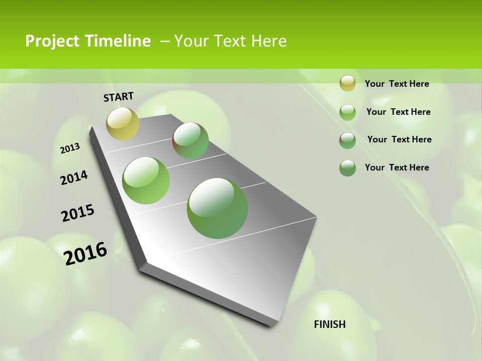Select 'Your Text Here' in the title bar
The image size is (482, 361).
click(x=230, y=41)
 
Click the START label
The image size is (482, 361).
click(x=118, y=97)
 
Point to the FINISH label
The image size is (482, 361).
click(x=330, y=324)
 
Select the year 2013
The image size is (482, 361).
click(x=70, y=148)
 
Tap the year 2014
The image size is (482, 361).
click(x=74, y=178)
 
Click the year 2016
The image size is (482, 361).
click(x=86, y=253)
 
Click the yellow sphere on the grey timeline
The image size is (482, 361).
click(x=123, y=123)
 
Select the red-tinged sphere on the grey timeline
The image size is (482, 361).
click(x=191, y=140)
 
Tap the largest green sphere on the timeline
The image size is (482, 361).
click(x=217, y=208)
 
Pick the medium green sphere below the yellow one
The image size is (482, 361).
click(x=146, y=180)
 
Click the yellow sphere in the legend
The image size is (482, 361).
click(x=347, y=83)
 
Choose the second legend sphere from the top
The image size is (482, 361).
click(x=347, y=112)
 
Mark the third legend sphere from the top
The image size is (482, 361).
click(x=347, y=140)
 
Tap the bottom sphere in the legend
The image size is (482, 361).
click(x=347, y=168)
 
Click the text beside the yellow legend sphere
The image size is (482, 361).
click(x=397, y=84)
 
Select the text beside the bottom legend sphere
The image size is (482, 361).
click(x=397, y=167)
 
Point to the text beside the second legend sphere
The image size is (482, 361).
click(x=398, y=112)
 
